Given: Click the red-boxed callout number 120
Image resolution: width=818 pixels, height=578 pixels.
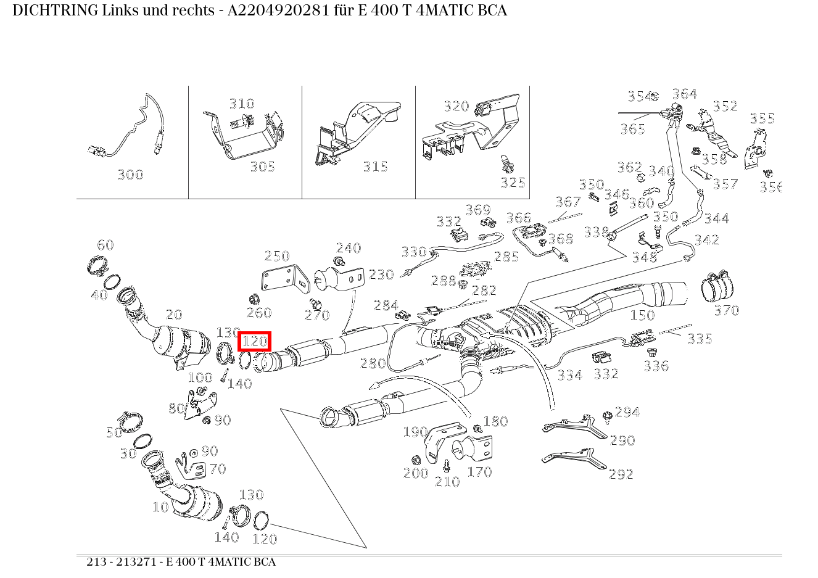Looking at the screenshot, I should tap(254, 341).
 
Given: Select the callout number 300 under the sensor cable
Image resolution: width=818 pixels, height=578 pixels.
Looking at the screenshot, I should tap(130, 175).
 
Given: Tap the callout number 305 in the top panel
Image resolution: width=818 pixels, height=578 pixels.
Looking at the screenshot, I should tap(262, 167).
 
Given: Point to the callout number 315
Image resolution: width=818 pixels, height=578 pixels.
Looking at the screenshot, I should tap(375, 167).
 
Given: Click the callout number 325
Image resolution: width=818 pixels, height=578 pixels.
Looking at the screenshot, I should tap(513, 183).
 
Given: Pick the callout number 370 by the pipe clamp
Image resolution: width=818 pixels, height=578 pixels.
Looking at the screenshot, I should tap(726, 310).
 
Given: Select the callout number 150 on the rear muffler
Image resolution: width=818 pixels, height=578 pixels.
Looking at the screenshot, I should tap(642, 315).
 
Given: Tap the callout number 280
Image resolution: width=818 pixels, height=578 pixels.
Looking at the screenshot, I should tap(373, 363).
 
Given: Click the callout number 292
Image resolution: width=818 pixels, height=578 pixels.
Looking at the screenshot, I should tap(621, 474).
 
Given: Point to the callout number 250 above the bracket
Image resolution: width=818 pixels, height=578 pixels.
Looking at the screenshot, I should tap(277, 256).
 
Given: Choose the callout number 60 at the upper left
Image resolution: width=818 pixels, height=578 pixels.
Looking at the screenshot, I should tap(105, 245).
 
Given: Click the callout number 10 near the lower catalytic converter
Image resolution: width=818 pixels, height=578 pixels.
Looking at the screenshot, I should tap(160, 507).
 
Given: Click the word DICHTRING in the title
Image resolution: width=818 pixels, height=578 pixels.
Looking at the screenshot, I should tap(47, 11).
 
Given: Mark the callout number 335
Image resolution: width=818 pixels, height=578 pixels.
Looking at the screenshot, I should tap(700, 339).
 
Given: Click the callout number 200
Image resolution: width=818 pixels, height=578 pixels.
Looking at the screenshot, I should tap(416, 473).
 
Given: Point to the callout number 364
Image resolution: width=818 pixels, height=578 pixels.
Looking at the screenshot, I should tap(684, 94).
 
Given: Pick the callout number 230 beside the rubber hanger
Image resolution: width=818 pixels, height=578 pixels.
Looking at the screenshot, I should tap(381, 275).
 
